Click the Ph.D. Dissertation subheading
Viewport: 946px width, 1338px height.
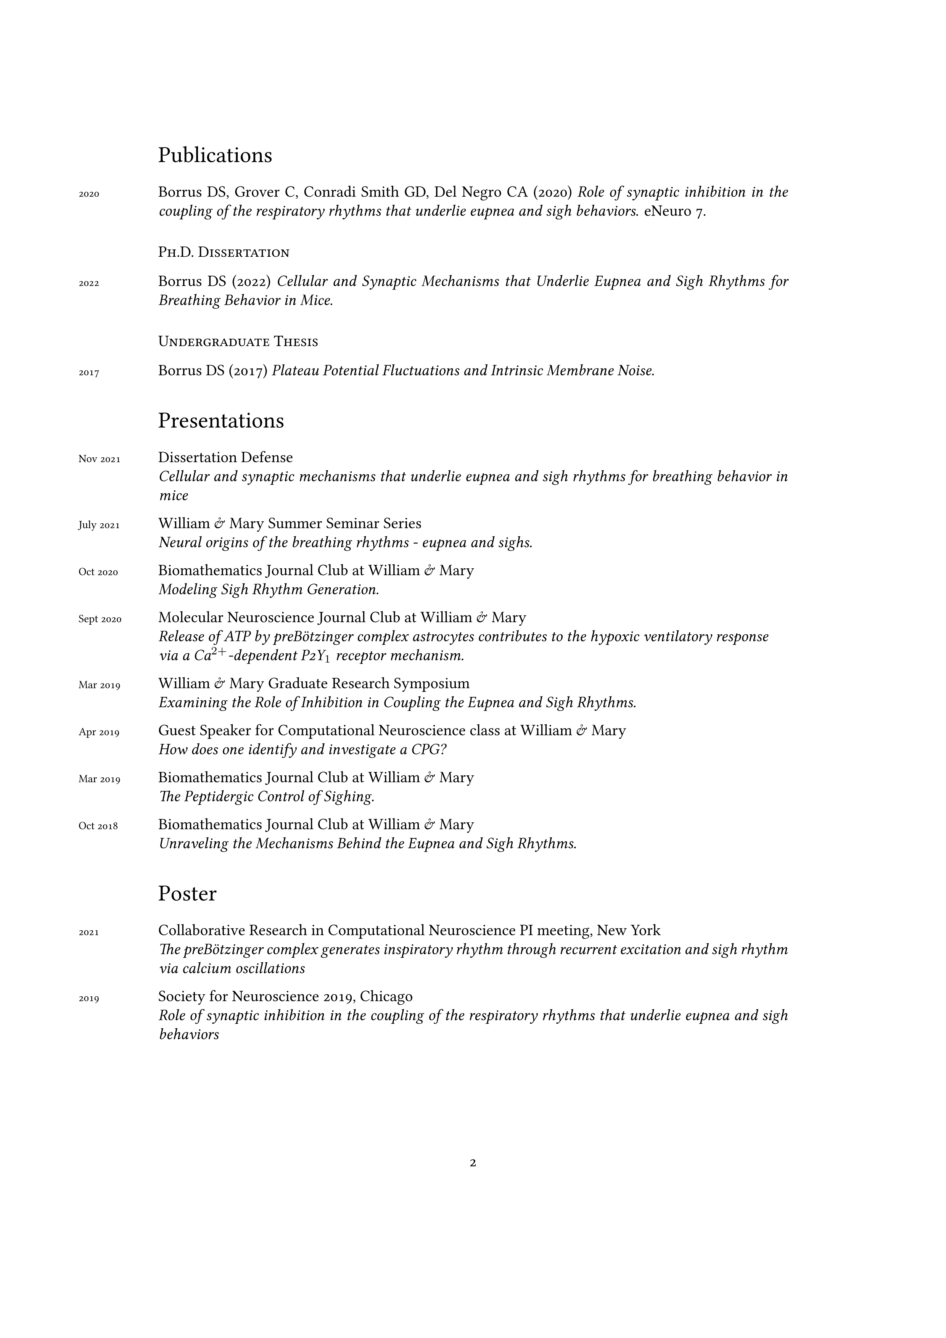click(224, 253)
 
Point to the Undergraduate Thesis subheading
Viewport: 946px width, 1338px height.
click(238, 342)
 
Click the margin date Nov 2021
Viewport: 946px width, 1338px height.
click(99, 459)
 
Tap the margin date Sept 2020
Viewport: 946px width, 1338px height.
click(100, 619)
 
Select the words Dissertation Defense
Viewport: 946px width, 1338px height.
click(225, 457)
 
